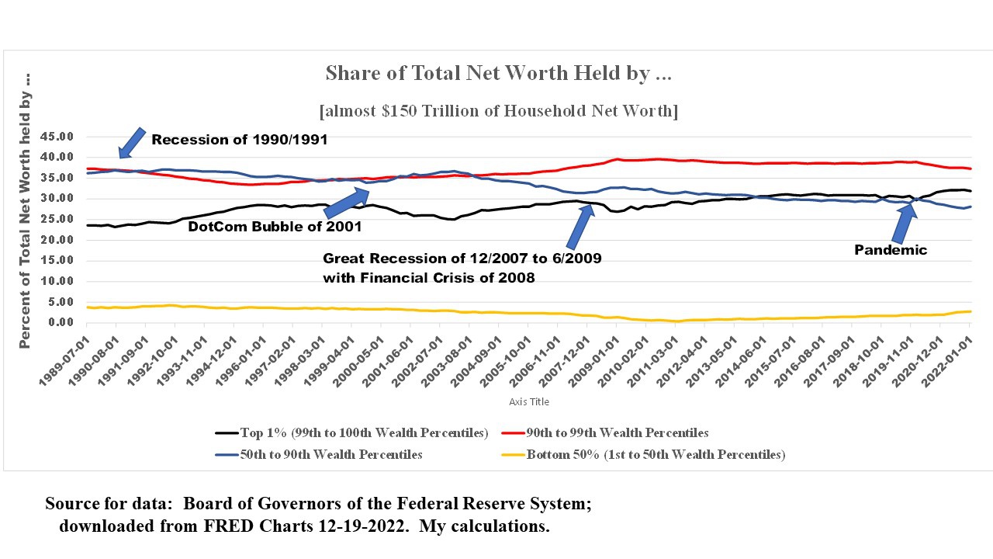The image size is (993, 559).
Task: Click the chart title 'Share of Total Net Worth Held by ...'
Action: (x=498, y=74)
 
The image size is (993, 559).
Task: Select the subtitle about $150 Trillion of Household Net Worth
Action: (x=498, y=111)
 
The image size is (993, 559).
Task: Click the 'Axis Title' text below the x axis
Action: (x=528, y=402)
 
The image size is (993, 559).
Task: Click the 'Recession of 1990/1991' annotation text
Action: (x=239, y=141)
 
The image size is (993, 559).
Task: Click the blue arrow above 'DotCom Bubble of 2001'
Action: (x=347, y=202)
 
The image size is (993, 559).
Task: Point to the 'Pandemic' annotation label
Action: (x=891, y=250)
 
